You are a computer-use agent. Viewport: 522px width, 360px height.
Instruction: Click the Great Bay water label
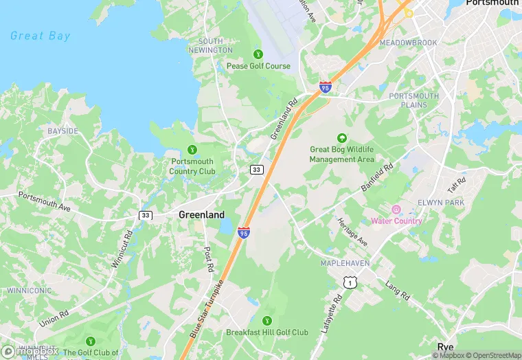click(x=41, y=36)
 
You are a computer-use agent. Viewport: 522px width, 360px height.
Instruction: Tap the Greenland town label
click(x=201, y=214)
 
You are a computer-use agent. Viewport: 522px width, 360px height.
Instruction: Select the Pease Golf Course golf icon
click(x=258, y=54)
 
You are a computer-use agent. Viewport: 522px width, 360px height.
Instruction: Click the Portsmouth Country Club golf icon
click(x=192, y=149)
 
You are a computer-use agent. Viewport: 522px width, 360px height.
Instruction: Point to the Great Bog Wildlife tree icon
click(x=342, y=137)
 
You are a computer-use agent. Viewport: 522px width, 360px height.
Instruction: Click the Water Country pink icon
click(x=396, y=210)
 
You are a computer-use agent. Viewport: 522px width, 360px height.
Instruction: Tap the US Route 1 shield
click(x=350, y=282)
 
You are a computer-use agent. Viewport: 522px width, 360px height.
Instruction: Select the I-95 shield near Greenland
click(x=243, y=233)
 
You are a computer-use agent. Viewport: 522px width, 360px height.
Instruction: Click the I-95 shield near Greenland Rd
click(x=325, y=87)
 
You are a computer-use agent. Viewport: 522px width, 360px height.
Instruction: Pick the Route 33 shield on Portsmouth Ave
click(x=145, y=215)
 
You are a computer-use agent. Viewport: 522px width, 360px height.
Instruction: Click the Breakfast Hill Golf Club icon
click(x=267, y=320)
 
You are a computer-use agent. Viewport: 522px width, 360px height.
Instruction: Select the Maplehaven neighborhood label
click(x=344, y=263)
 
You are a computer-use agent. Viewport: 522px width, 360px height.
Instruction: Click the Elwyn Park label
click(x=440, y=203)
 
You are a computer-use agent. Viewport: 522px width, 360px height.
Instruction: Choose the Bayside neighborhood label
click(x=63, y=131)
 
